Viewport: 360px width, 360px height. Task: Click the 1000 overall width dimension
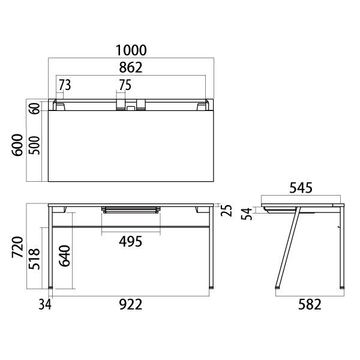(130, 50)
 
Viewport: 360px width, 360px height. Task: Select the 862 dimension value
(130, 67)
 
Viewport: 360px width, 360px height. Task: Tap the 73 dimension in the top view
(65, 85)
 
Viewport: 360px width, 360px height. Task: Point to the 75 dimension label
(125, 85)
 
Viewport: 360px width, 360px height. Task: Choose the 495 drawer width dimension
(130, 241)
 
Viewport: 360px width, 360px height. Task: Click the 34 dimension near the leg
(44, 305)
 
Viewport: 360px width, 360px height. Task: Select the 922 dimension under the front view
(130, 305)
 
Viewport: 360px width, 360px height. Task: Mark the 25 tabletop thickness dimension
(226, 211)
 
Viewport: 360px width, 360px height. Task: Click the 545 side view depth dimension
(301, 188)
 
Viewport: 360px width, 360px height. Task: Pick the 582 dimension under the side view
(310, 305)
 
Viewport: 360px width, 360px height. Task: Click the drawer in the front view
(131, 209)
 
